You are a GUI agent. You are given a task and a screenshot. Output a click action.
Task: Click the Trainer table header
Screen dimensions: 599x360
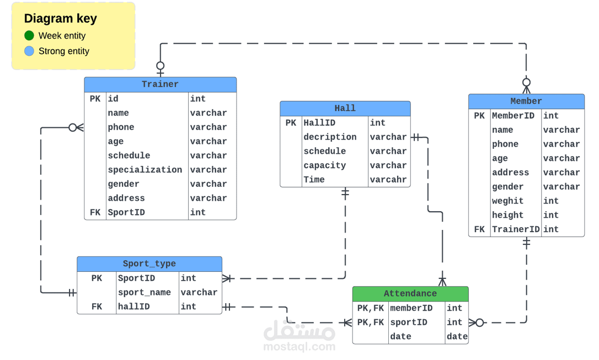[x=160, y=84]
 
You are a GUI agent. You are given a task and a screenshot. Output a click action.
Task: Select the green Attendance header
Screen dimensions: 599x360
[x=410, y=294]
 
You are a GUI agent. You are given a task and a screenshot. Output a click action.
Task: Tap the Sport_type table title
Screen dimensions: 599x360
[x=149, y=264]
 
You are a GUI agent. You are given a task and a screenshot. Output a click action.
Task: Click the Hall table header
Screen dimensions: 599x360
[x=345, y=109]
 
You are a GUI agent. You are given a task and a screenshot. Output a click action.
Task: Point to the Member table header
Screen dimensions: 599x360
[x=526, y=101]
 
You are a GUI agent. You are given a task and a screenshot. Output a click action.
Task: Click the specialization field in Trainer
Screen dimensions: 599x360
[x=145, y=170]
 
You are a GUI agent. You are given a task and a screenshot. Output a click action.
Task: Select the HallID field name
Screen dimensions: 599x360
[x=319, y=123]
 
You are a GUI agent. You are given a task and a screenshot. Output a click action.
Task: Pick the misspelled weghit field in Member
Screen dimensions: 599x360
[x=507, y=201]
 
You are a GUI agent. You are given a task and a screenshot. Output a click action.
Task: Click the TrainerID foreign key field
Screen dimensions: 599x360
[x=516, y=229]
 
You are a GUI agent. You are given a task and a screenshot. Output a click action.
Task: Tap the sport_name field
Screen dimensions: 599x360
[x=145, y=293]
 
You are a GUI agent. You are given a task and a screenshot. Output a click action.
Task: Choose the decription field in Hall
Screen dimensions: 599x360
[x=330, y=137]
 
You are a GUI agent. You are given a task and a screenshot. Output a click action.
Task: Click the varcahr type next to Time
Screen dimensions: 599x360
[x=388, y=180]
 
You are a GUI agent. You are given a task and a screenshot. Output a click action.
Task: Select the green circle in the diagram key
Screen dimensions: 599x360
[x=29, y=35]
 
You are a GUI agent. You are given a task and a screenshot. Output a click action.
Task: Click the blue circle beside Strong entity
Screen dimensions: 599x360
[x=29, y=51]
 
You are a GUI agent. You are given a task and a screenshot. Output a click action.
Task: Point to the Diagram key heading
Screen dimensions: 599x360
[x=60, y=18]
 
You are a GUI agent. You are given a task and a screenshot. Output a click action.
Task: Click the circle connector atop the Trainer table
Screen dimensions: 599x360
[x=161, y=66]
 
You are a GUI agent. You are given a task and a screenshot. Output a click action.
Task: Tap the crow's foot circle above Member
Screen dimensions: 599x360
[x=526, y=83]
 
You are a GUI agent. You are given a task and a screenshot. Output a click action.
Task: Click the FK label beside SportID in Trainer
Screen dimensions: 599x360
[x=95, y=213]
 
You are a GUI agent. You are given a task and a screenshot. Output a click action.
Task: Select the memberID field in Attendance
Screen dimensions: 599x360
[x=411, y=308]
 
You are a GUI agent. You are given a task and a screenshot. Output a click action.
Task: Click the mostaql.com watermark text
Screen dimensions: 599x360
[x=299, y=347]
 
